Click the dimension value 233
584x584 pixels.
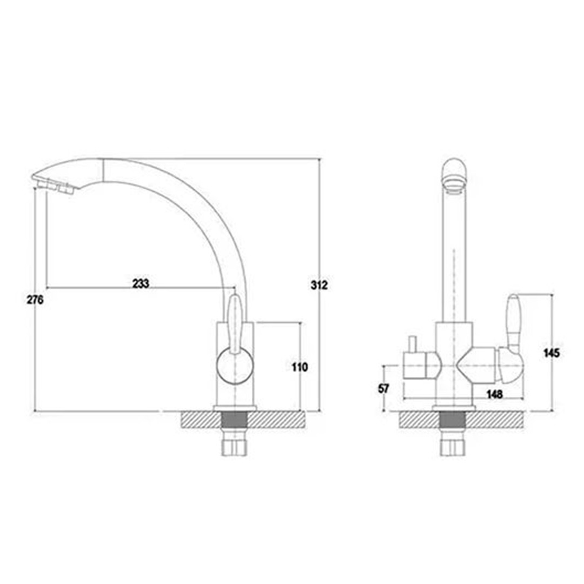click(x=141, y=283)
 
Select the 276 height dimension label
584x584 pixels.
click(x=35, y=300)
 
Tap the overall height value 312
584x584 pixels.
click(x=319, y=285)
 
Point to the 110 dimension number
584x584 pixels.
click(x=300, y=367)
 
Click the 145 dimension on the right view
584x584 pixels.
click(x=551, y=353)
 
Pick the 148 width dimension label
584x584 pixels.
click(x=495, y=394)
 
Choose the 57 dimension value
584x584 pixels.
click(x=383, y=388)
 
